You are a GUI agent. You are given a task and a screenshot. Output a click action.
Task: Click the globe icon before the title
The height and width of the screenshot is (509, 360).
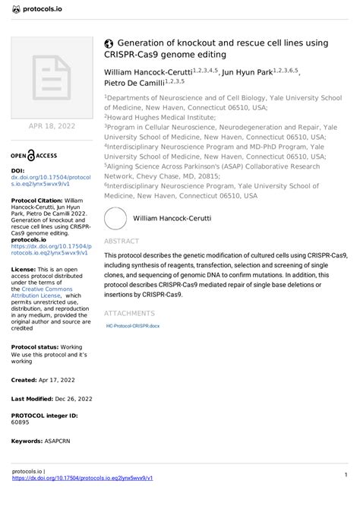tap(109, 44)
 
